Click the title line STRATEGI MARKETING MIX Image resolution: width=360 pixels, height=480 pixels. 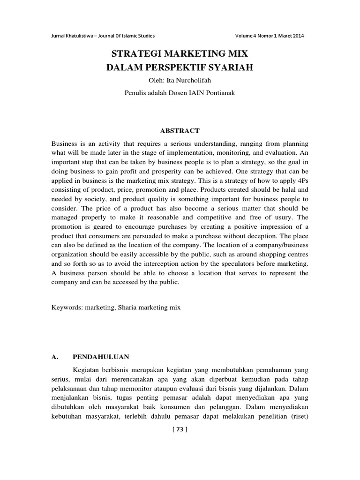pyautogui.click(x=180, y=53)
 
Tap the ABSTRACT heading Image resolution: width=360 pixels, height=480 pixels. pyautogui.click(x=180, y=130)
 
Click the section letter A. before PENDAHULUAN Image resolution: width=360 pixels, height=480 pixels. pyautogui.click(x=54, y=357)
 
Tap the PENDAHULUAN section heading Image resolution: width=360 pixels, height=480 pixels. pyautogui.click(x=104, y=357)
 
